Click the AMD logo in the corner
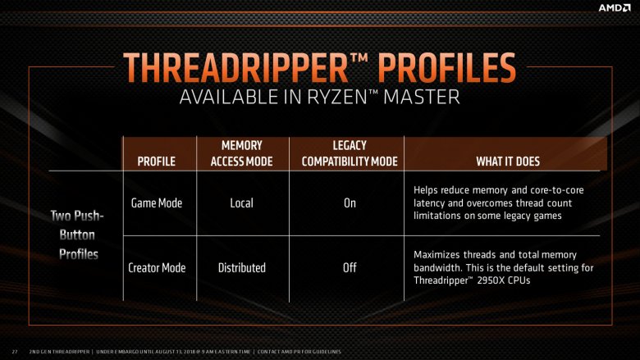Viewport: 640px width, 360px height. tap(615, 7)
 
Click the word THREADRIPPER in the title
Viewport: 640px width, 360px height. tap(235, 68)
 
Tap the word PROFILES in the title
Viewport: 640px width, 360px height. tap(447, 68)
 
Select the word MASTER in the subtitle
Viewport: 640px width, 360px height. tap(422, 98)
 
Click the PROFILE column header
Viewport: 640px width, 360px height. tap(157, 162)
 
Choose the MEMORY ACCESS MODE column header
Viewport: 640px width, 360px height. tap(241, 153)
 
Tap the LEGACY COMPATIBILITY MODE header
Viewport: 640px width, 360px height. tap(350, 153)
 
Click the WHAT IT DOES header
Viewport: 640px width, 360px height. tap(508, 162)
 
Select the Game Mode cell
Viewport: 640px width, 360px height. tap(157, 203)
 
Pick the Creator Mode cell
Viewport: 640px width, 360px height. tap(157, 268)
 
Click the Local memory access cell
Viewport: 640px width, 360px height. tap(241, 203)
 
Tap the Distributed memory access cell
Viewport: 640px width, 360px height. tap(241, 268)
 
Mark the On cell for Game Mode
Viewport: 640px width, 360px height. tap(350, 203)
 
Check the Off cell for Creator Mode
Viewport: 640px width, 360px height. tap(350, 268)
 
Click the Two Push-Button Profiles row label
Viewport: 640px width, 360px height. tap(78, 235)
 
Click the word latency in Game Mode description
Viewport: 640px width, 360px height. tap(429, 203)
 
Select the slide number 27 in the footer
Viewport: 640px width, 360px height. tap(15, 352)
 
